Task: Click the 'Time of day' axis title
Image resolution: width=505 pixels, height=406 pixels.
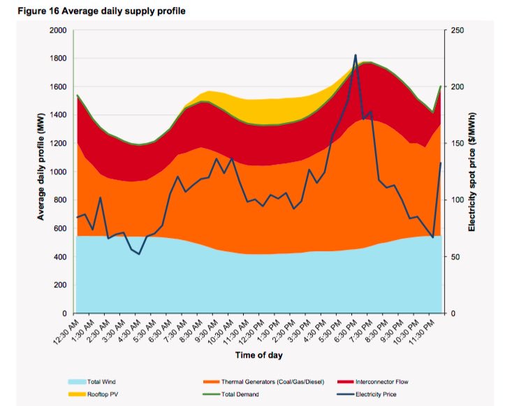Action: (x=259, y=356)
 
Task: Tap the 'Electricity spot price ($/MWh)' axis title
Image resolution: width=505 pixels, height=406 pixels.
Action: (x=473, y=172)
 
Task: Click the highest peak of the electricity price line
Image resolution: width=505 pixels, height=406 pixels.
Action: (x=356, y=55)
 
